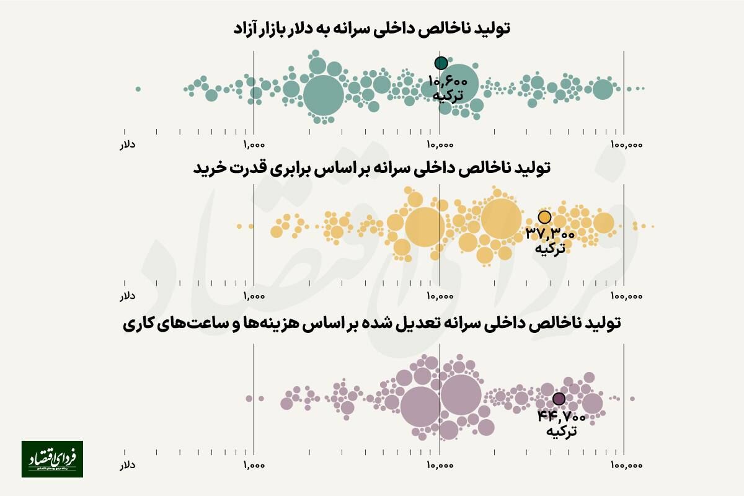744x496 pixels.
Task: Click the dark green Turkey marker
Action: (x=441, y=63)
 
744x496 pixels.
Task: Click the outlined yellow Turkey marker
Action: (x=544, y=217)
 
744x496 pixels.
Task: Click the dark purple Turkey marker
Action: (x=559, y=399)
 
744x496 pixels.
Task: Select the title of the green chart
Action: (x=371, y=29)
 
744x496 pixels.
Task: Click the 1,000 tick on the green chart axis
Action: (x=254, y=144)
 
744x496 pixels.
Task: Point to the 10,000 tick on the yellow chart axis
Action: (x=439, y=296)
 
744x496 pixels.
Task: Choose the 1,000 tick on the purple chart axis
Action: (x=254, y=464)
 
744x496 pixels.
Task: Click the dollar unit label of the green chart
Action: (x=127, y=144)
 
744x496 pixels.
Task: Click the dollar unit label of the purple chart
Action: (x=127, y=464)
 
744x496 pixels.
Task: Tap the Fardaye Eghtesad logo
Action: (x=52, y=459)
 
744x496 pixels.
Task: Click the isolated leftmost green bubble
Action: (x=138, y=89)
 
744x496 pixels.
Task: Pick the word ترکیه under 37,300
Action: (x=551, y=249)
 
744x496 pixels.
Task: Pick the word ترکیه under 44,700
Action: (x=562, y=430)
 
